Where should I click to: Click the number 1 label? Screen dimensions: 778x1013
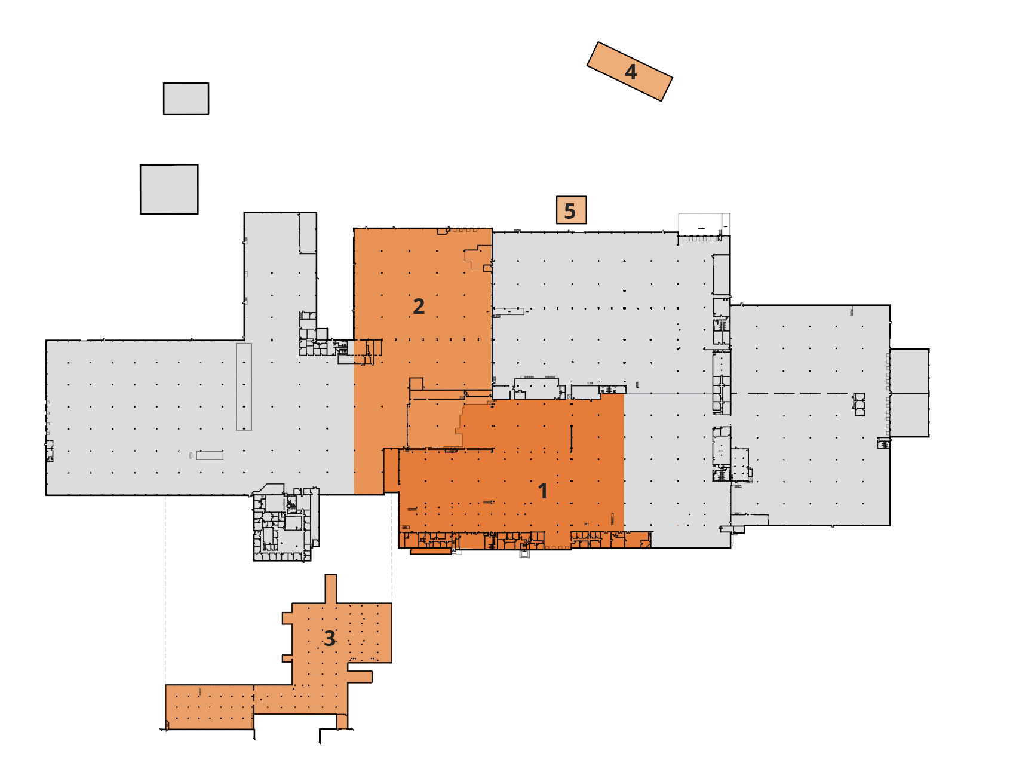[542, 491]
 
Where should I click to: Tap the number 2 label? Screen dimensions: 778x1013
[419, 306]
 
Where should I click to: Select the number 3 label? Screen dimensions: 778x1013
[330, 638]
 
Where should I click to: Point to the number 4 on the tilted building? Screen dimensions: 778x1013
[631, 72]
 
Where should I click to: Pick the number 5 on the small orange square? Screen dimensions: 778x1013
[570, 210]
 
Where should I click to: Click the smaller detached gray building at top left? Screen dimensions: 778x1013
[186, 99]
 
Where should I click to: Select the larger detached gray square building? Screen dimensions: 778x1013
[169, 189]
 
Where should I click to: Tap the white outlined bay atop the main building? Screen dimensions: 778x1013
[704, 225]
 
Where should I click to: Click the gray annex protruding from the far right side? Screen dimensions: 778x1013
[909, 393]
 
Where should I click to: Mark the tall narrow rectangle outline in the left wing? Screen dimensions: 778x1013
[244, 387]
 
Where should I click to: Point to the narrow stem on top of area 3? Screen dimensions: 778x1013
[330, 589]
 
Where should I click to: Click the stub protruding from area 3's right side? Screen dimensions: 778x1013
[360, 676]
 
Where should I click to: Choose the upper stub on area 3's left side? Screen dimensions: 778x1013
[287, 618]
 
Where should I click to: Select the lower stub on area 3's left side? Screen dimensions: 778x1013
[287, 658]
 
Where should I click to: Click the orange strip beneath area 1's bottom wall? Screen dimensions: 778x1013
[430, 552]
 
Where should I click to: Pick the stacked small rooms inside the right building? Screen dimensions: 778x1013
[859, 405]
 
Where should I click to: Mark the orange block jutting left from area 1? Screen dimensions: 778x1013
[391, 470]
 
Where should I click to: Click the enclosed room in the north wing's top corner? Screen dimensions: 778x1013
[308, 233]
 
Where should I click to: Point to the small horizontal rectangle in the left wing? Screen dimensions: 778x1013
[209, 455]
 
